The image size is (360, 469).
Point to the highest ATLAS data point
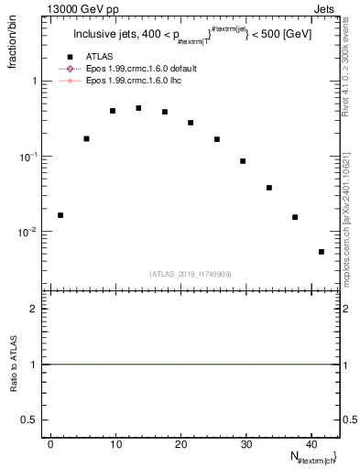pos(138,108)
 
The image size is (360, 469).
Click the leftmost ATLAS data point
pos(60,215)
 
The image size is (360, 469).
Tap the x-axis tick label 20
pos(180,443)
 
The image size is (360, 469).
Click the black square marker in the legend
pos(82,58)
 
